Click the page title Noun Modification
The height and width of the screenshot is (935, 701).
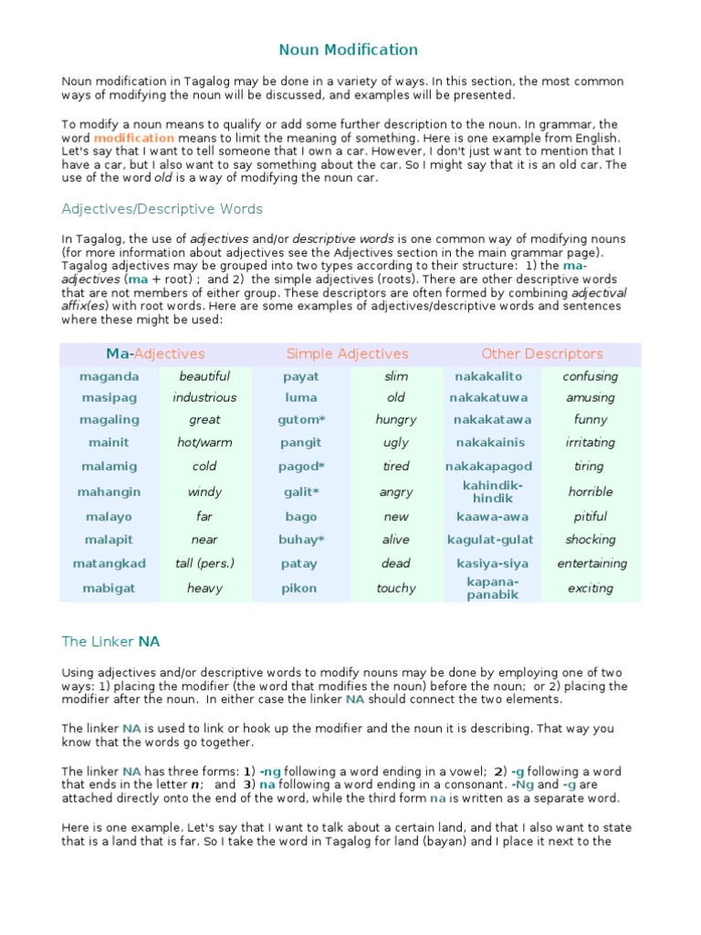click(x=348, y=50)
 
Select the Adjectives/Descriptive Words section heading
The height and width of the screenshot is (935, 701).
click(x=162, y=209)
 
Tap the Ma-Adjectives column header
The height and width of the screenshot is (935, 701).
click(x=155, y=353)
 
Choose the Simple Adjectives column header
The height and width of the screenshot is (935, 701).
click(x=347, y=353)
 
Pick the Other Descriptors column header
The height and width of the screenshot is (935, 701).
click(x=541, y=353)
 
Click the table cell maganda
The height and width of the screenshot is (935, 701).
click(x=110, y=376)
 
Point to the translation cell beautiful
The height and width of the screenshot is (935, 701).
click(x=204, y=376)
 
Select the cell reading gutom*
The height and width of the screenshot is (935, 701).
click(x=301, y=420)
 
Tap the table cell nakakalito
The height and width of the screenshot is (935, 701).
click(x=492, y=376)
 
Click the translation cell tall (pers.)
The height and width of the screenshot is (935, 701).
click(x=204, y=563)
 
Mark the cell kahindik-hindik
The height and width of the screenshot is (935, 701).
click(x=493, y=491)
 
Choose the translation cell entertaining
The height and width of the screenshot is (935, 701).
click(x=591, y=563)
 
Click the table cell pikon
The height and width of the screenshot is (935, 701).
click(x=300, y=588)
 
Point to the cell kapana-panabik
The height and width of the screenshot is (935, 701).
click(x=493, y=588)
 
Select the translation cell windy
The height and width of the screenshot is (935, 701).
click(x=204, y=491)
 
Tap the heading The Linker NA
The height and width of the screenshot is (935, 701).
click(x=110, y=642)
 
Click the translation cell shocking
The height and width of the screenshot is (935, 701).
click(x=591, y=540)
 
